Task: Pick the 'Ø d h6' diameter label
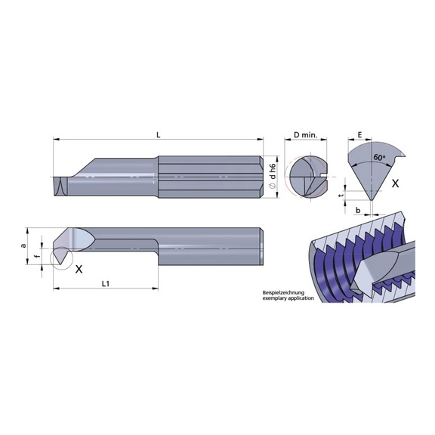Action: (x=275, y=176)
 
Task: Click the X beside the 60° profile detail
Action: (x=396, y=183)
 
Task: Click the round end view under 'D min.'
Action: (x=305, y=176)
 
